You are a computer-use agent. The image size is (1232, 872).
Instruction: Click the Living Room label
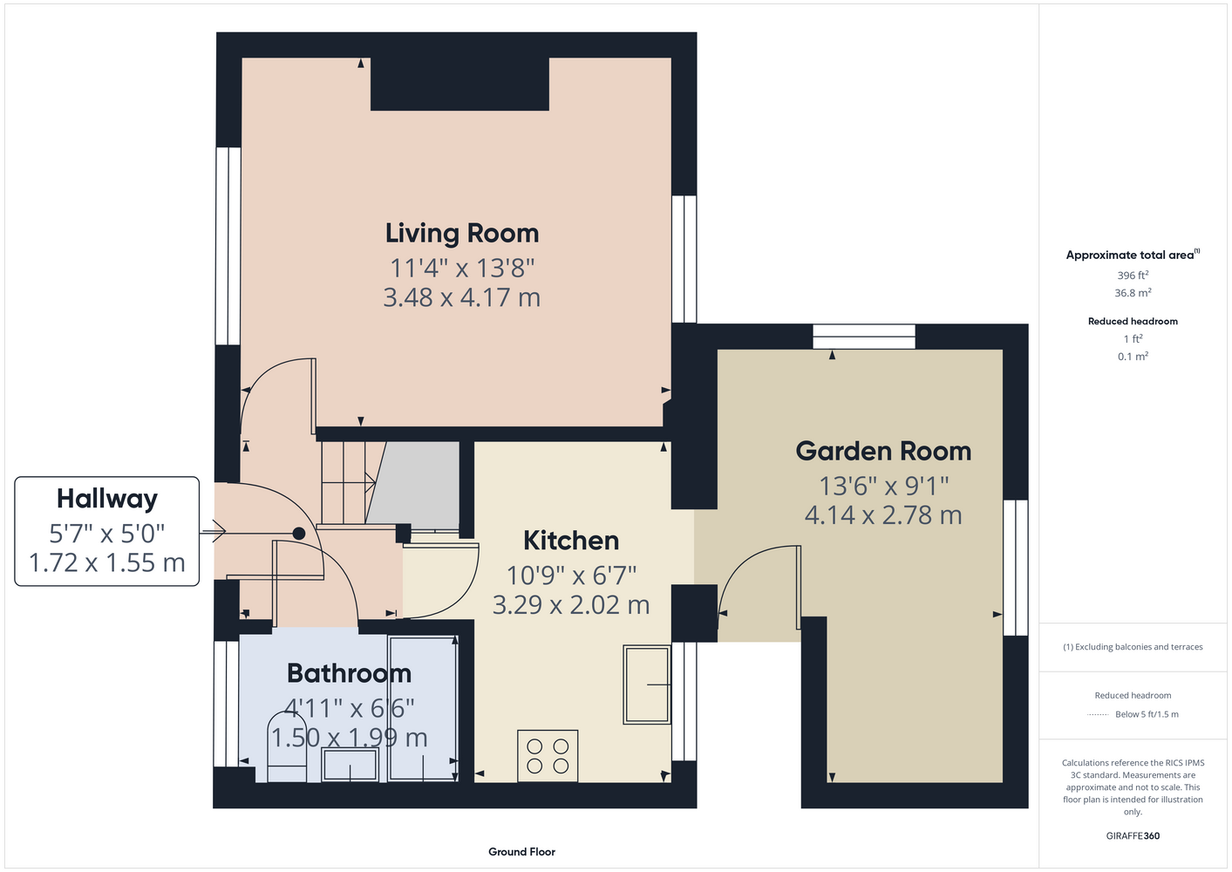[462, 234]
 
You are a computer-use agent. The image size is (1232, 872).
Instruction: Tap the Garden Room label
[883, 451]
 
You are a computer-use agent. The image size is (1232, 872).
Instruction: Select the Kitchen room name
[571, 541]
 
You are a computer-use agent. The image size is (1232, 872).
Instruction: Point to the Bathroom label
[350, 673]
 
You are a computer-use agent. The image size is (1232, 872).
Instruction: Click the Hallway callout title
[107, 499]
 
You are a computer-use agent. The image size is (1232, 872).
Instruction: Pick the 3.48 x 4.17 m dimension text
[462, 297]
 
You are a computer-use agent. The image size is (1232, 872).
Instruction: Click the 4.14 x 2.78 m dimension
[883, 515]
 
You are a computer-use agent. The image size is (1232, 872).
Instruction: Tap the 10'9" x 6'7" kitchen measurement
[571, 576]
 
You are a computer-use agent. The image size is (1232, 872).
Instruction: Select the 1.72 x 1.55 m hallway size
[106, 562]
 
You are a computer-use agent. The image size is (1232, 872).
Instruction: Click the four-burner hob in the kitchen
[548, 756]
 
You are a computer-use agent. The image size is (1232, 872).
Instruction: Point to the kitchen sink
[647, 685]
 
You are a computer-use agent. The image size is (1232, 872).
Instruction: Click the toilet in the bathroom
[287, 747]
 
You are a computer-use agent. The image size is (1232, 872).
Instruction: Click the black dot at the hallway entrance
[299, 533]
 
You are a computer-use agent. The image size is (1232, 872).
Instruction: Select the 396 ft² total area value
[1133, 275]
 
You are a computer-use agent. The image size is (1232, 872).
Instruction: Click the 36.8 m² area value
[1133, 293]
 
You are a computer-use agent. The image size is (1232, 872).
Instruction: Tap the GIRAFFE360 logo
[1133, 835]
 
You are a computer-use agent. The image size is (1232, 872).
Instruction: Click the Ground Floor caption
[521, 852]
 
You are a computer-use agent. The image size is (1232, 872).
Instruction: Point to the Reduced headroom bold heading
[1133, 321]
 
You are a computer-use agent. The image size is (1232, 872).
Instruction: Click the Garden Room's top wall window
[864, 336]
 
